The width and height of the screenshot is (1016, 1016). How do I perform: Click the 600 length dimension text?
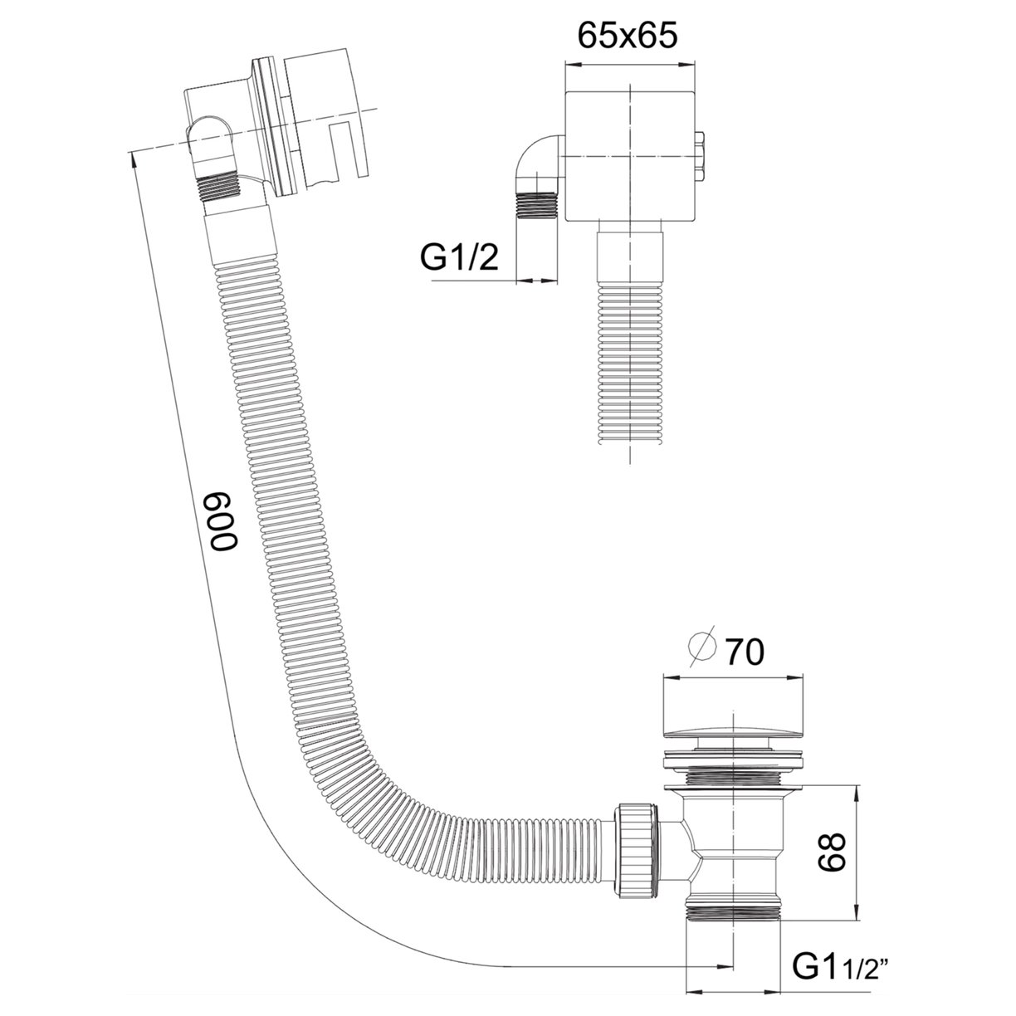point(222,520)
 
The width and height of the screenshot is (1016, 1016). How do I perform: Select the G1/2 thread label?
point(459,259)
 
